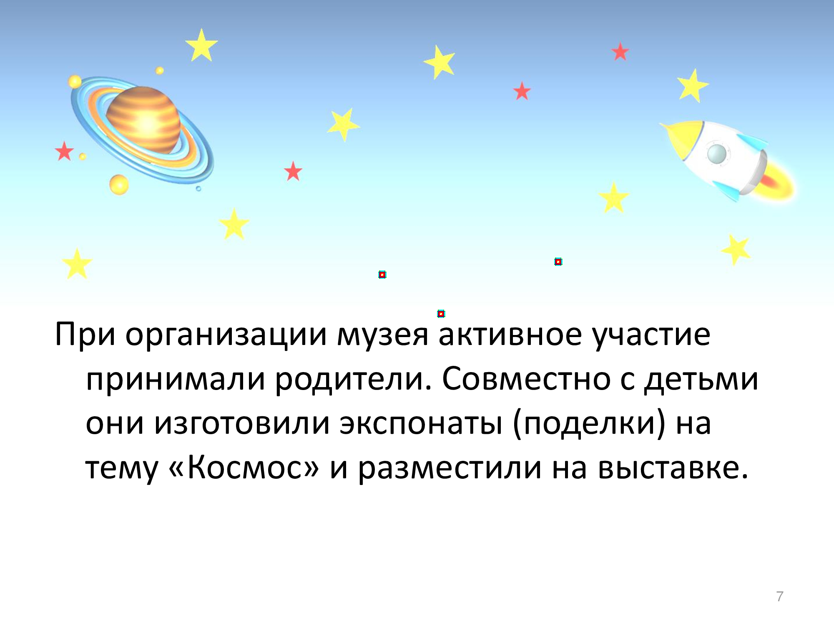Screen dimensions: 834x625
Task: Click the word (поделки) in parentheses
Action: [x=588, y=423]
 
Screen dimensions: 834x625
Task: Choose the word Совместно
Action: [x=526, y=379]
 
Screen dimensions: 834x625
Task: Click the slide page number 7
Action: [x=780, y=596]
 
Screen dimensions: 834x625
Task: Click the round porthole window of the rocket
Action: [x=717, y=154]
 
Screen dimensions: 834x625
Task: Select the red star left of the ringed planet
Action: [x=64, y=151]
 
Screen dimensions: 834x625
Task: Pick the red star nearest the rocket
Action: [x=620, y=52]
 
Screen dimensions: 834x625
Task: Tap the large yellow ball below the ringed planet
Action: [x=119, y=184]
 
